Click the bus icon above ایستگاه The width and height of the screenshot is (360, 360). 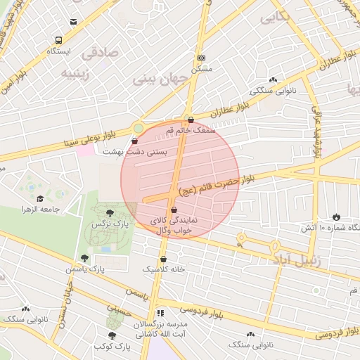pyautogui.click(x=57, y=40)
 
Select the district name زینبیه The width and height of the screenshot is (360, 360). pyautogui.click(x=77, y=73)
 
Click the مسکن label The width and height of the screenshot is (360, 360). pyautogui.click(x=202, y=69)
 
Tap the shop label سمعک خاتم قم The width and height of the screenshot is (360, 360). pyautogui.click(x=191, y=130)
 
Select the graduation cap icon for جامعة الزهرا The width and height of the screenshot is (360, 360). pyautogui.click(x=40, y=199)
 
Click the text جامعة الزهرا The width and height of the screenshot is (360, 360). pyautogui.click(x=39, y=210)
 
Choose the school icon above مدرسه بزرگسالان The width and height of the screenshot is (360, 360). pyautogui.click(x=161, y=313)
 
